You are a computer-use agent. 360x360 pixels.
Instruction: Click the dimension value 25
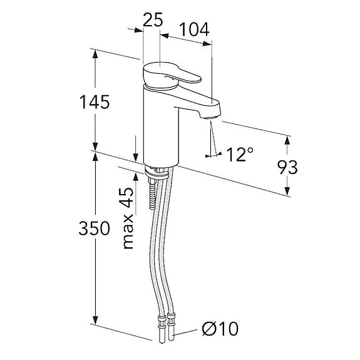click(153, 19)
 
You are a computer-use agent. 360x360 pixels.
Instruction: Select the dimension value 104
click(194, 29)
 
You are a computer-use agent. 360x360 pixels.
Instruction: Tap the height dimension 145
click(95, 102)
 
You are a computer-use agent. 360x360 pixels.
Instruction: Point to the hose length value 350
click(95, 229)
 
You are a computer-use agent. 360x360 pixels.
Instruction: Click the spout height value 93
click(287, 167)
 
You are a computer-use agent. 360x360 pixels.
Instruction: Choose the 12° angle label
click(240, 154)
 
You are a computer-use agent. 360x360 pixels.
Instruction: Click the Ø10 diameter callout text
click(220, 329)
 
